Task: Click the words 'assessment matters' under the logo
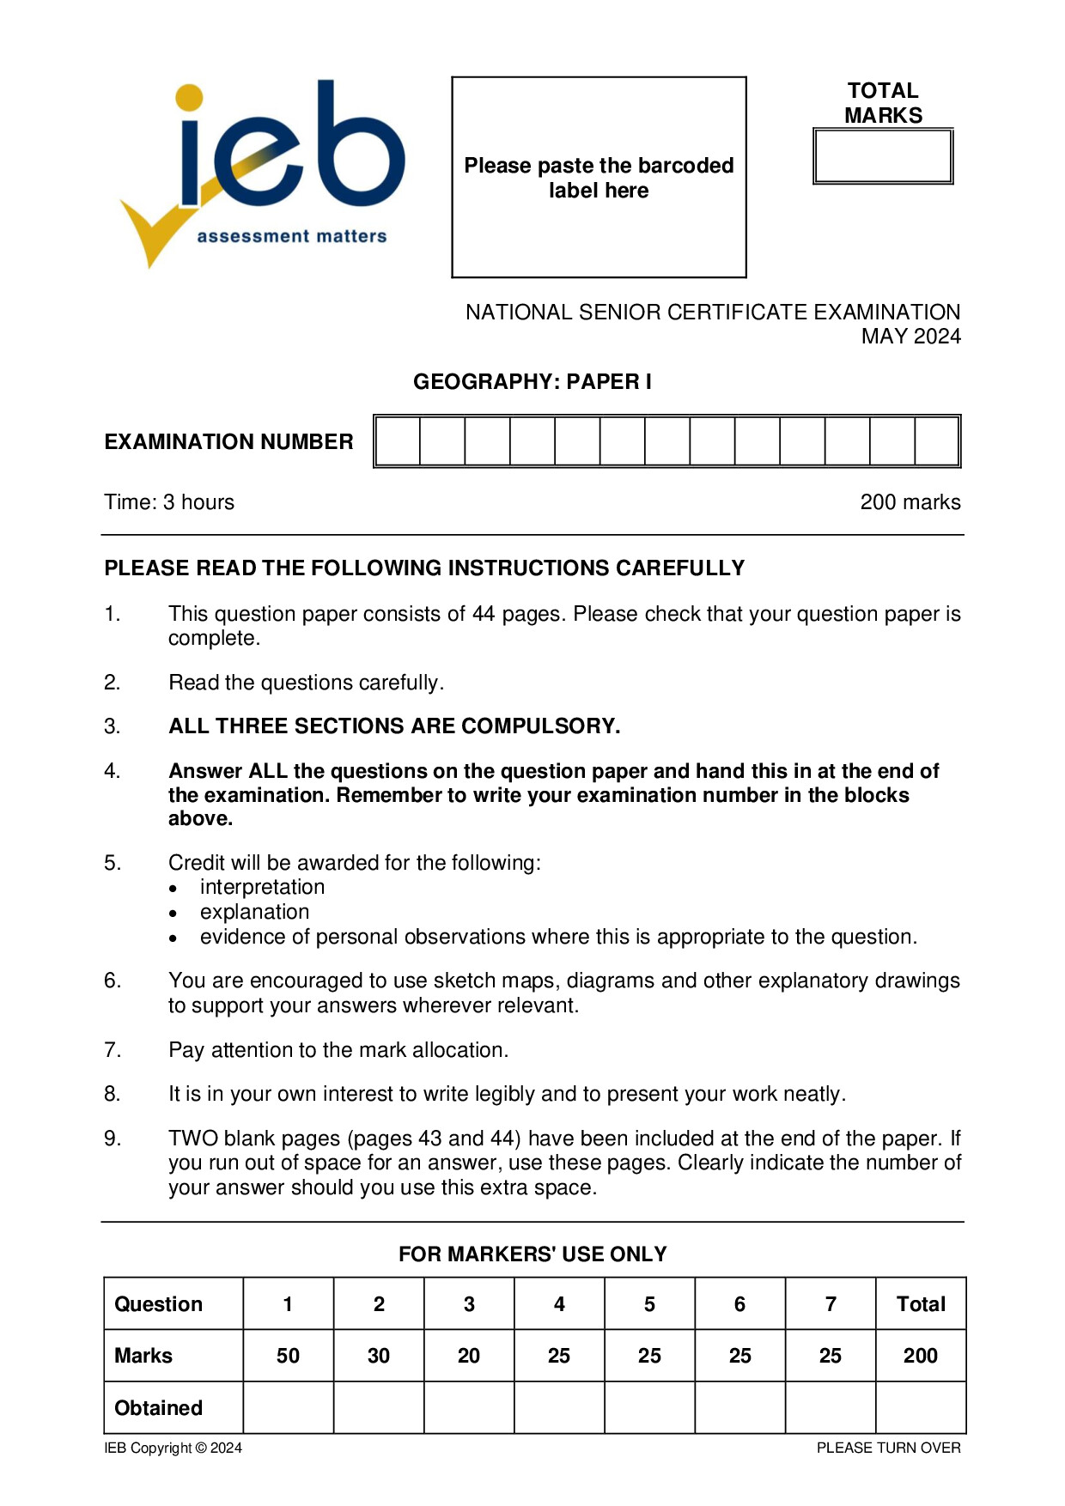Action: point(292,236)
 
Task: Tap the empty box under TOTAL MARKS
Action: point(883,156)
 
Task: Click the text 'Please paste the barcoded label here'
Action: point(599,178)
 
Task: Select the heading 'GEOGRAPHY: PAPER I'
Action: point(532,381)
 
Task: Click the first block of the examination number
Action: point(398,441)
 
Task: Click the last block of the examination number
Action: point(936,441)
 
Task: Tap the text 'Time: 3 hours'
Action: point(169,502)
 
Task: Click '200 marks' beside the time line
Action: point(910,502)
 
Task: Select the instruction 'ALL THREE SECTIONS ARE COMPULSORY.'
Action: point(394,726)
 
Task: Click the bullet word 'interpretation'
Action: point(262,887)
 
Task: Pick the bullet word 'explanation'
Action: point(254,912)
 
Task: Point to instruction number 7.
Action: point(113,1050)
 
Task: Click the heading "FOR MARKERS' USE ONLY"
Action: point(532,1254)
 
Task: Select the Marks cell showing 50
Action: point(288,1356)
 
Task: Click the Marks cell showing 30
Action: point(379,1356)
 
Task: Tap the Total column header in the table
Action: point(921,1304)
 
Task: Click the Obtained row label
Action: point(159,1408)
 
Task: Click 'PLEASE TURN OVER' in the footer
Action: point(888,1448)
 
